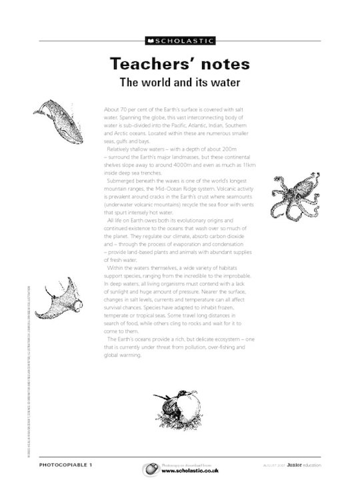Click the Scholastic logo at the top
coord(180,41)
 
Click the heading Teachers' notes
coord(179,64)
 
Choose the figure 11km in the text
coord(248,163)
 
